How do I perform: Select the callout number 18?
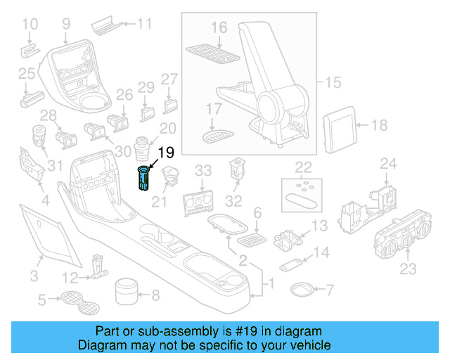click(379, 126)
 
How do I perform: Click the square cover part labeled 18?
click(339, 126)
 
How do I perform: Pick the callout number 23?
click(408, 269)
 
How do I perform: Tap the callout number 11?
click(143, 23)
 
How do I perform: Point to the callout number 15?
click(333, 83)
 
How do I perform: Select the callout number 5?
click(41, 301)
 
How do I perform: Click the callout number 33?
click(202, 171)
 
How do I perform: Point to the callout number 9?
click(66, 23)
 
